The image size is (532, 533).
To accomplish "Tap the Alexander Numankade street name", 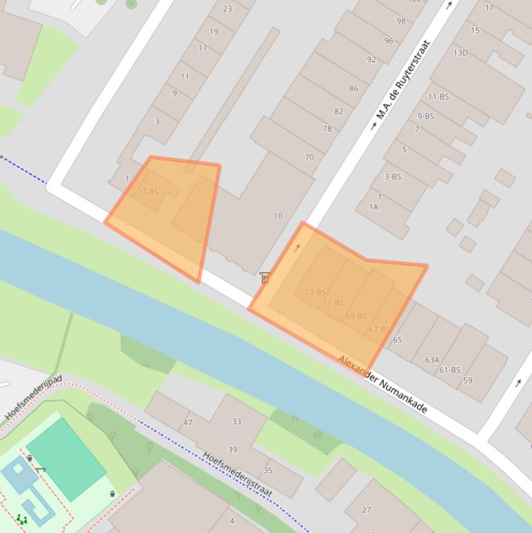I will [383, 384].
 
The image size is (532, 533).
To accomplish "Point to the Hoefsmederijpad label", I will [33, 399].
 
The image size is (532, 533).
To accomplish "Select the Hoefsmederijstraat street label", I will [237, 474].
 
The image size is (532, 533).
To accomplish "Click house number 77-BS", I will [148, 192].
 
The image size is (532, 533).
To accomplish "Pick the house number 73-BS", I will [315, 292].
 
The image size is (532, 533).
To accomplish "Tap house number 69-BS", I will [356, 316].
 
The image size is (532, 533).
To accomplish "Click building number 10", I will [277, 216].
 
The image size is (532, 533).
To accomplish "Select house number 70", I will [309, 157].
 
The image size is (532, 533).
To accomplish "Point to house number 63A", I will [432, 360].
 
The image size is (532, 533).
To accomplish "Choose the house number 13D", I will [460, 53].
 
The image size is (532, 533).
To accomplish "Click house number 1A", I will [374, 207].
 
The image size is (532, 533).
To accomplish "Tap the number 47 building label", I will [188, 422].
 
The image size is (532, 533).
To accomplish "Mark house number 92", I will [372, 60].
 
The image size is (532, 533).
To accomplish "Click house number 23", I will [228, 9].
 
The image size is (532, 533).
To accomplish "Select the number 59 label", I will [468, 381].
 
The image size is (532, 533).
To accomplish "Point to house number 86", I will [354, 89].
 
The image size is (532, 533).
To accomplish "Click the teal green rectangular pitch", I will [66, 458].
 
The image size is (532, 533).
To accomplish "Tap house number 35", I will [268, 471].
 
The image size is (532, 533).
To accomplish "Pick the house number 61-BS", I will [450, 370].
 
